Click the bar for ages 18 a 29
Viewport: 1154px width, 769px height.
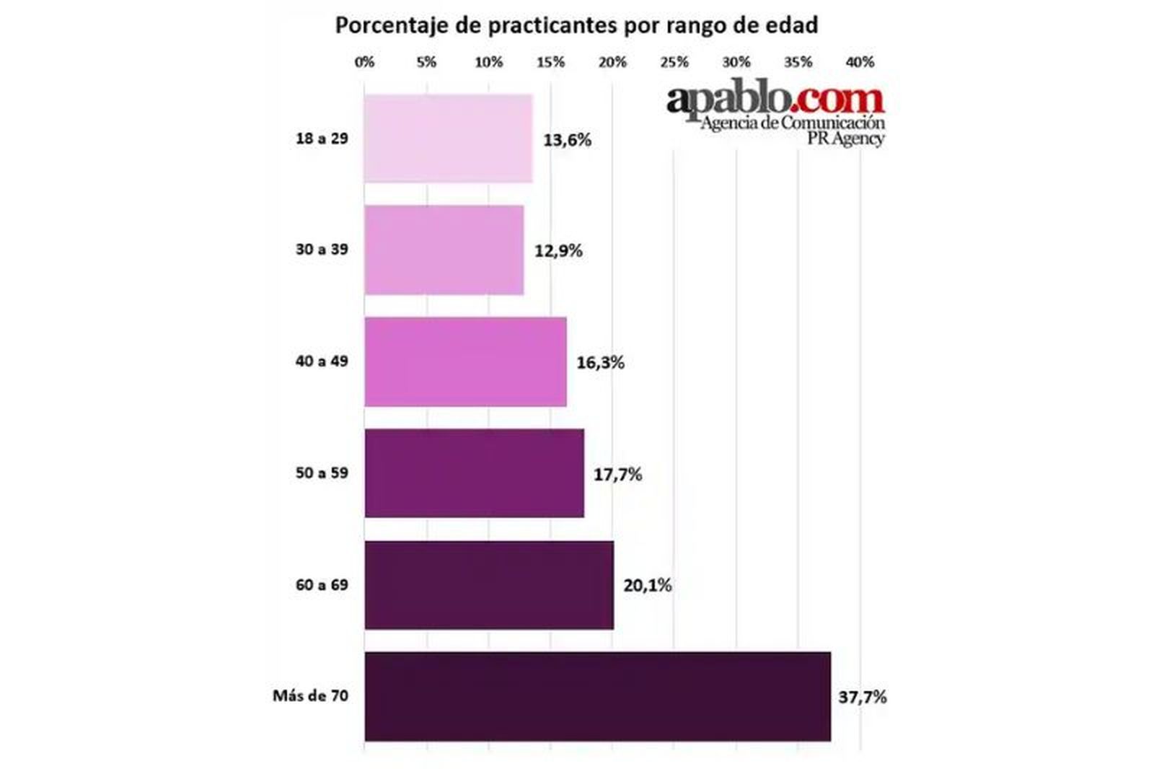point(448,139)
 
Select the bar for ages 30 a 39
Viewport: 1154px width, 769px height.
point(444,250)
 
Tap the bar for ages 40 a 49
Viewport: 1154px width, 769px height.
point(465,361)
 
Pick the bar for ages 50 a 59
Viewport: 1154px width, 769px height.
point(474,473)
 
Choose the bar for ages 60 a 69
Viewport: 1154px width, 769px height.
point(489,585)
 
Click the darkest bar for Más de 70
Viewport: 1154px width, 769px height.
point(597,696)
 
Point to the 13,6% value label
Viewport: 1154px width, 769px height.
point(567,140)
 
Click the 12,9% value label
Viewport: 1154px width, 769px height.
point(558,251)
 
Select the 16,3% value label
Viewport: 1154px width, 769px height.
point(600,362)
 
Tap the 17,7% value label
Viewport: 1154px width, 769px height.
point(617,474)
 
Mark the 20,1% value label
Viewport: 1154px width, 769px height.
point(647,585)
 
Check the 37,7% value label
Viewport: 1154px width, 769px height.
point(862,697)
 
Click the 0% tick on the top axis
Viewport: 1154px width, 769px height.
point(365,62)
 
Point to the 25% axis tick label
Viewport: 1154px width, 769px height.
point(674,62)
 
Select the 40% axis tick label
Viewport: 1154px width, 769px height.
point(860,62)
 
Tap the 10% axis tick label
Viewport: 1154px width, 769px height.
point(488,62)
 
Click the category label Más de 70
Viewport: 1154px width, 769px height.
point(310,695)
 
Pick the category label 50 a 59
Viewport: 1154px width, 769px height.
point(322,473)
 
